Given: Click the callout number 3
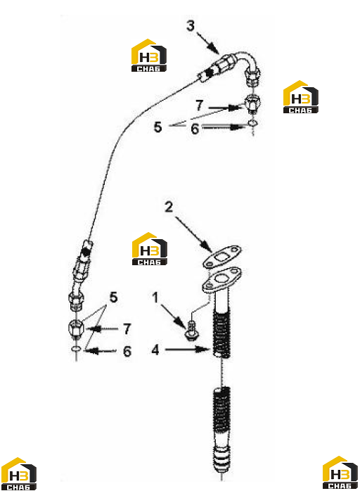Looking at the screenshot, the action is click(191, 26).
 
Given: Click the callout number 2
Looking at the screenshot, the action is click(169, 207).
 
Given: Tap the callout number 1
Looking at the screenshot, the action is click(155, 298).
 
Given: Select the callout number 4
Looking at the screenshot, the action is click(155, 350).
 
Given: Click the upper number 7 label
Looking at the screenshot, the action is click(200, 106).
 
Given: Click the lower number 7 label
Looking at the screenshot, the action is click(127, 329).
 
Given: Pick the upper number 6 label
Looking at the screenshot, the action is click(195, 129).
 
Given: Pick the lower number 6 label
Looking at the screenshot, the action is click(127, 351).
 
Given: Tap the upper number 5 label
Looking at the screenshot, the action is click(157, 127).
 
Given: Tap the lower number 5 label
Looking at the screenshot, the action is click(113, 297).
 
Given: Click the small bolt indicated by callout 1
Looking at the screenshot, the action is click(190, 331).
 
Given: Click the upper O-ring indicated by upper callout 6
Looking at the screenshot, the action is click(253, 124).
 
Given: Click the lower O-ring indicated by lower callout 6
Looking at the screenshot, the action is click(76, 349).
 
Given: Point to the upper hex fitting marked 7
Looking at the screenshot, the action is click(252, 104).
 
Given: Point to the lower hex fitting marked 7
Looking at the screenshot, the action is click(76, 329).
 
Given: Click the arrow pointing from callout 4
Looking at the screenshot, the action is click(187, 349).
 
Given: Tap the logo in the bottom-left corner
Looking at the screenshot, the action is click(18, 474).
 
